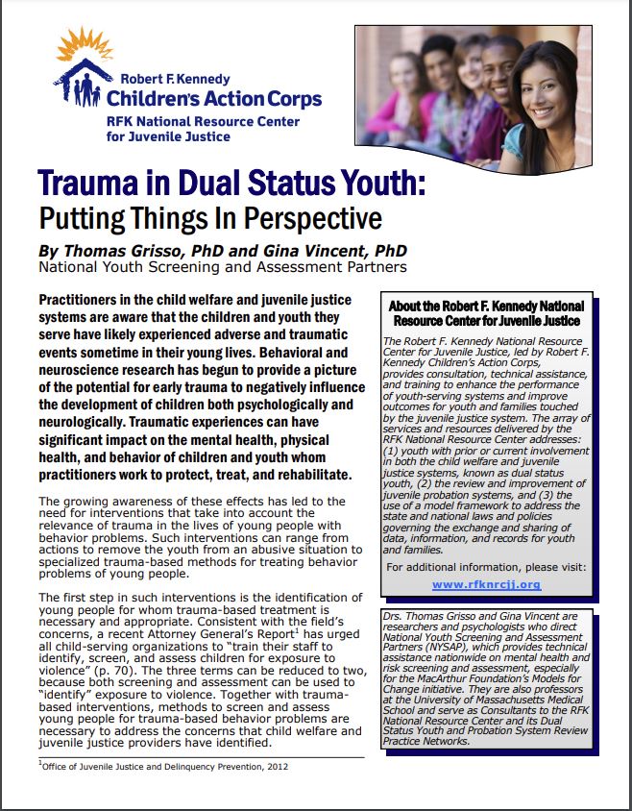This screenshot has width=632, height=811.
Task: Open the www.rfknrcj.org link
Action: [486, 583]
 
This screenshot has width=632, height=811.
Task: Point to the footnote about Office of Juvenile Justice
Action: [163, 767]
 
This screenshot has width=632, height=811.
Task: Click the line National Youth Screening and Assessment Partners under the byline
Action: [221, 267]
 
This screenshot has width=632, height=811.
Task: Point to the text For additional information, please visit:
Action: [486, 567]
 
